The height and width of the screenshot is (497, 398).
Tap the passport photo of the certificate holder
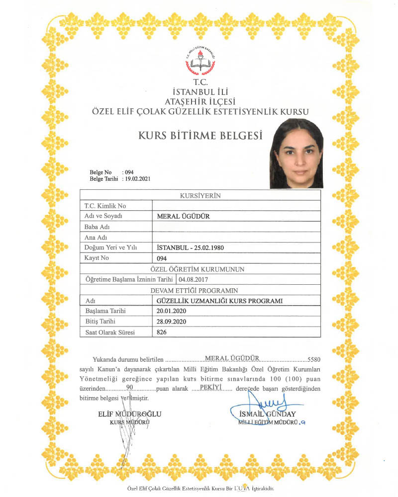296,154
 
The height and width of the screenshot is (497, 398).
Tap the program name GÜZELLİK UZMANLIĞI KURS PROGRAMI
219,301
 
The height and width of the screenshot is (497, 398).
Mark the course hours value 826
161,332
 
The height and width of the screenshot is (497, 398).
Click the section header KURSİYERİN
200,195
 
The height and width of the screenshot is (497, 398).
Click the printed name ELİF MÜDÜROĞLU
130,414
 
